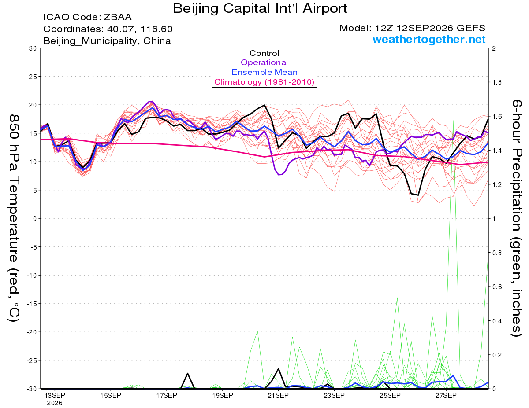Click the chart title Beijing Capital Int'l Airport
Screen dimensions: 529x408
260,9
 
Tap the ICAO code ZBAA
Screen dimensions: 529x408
118,17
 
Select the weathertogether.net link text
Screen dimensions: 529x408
429,40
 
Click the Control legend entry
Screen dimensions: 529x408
264,53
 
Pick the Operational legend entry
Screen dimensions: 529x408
264,62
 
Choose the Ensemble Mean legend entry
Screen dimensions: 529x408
264,72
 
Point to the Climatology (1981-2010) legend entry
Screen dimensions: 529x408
264,82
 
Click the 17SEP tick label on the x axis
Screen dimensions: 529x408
167,395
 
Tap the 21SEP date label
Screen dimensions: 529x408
278,395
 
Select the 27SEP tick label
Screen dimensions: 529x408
446,395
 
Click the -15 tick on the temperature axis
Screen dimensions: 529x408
32,304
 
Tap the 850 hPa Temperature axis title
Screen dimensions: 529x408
14,218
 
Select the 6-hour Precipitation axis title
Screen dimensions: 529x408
516,218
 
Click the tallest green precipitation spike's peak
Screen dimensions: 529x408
453,121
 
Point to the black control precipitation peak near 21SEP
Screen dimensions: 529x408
278,369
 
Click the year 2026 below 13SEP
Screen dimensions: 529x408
55,403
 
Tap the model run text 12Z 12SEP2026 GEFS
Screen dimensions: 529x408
430,28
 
